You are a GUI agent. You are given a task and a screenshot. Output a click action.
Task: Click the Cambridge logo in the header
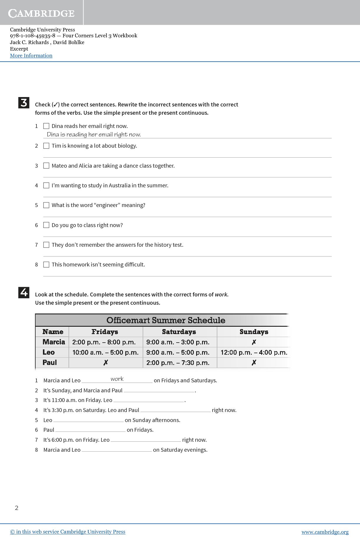click(x=41, y=13)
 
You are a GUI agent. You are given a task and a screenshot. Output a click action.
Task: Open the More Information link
click(x=31, y=56)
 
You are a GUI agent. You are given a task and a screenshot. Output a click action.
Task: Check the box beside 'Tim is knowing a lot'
click(x=46, y=146)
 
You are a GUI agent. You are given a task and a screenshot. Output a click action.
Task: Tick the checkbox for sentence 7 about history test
click(x=46, y=245)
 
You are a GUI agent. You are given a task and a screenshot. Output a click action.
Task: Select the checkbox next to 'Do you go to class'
click(x=46, y=225)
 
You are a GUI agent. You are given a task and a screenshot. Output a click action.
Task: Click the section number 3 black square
click(x=24, y=103)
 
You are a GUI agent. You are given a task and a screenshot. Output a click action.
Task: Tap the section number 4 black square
click(x=24, y=293)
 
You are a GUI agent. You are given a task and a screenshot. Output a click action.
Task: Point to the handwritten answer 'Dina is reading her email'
click(x=94, y=135)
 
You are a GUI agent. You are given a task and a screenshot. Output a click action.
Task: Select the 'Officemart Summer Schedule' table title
click(x=166, y=320)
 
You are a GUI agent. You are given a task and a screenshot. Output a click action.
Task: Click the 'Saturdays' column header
click(x=179, y=332)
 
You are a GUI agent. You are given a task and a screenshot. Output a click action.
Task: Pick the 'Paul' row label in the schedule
click(x=50, y=363)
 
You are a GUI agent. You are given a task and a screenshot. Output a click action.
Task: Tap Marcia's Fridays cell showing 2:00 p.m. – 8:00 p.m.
click(x=104, y=342)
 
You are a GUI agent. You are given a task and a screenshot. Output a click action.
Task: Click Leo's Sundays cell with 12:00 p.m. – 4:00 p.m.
click(x=254, y=352)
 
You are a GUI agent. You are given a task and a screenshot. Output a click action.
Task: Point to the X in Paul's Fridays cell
click(x=106, y=363)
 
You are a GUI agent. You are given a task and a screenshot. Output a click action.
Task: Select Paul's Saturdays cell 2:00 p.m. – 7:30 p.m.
click(x=178, y=363)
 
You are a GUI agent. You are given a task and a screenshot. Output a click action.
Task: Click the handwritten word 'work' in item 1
click(x=117, y=379)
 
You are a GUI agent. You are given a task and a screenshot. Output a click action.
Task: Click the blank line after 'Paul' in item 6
click(x=90, y=430)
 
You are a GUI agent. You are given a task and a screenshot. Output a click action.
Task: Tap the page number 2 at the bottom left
click(x=17, y=508)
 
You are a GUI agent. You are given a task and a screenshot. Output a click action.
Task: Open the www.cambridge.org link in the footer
click(x=325, y=532)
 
